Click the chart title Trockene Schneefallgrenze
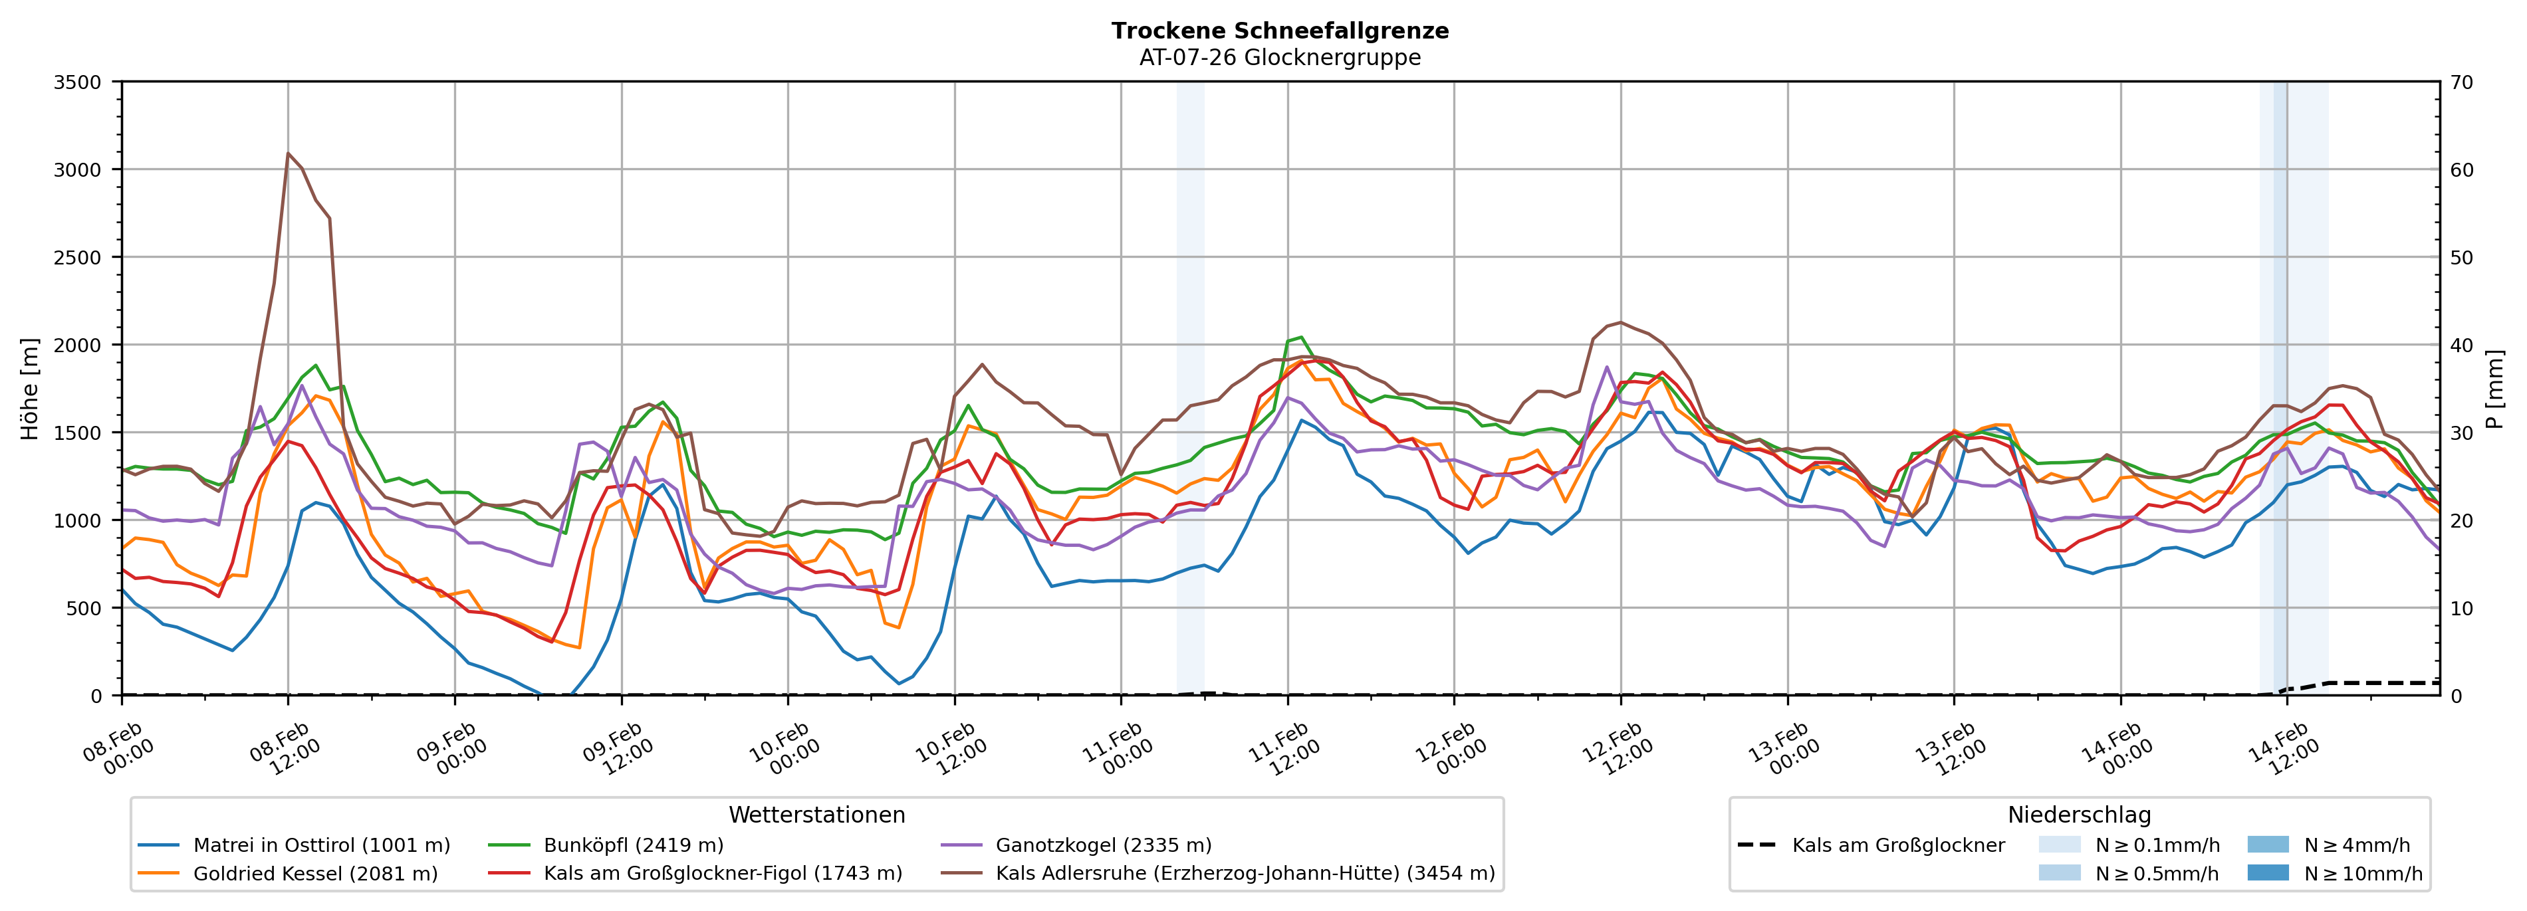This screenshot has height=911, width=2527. (x=1279, y=31)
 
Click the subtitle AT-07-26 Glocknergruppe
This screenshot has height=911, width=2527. (x=1279, y=57)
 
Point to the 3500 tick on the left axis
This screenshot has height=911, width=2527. (x=78, y=82)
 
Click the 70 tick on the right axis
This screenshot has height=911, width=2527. (x=2461, y=82)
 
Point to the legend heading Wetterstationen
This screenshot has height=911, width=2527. (x=816, y=815)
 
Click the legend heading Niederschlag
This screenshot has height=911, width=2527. (x=2079, y=815)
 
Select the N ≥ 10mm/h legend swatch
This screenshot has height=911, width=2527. (x=2267, y=872)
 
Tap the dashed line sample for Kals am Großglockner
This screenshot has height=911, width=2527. (x=1756, y=845)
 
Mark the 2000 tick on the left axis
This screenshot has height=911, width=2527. (x=78, y=345)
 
